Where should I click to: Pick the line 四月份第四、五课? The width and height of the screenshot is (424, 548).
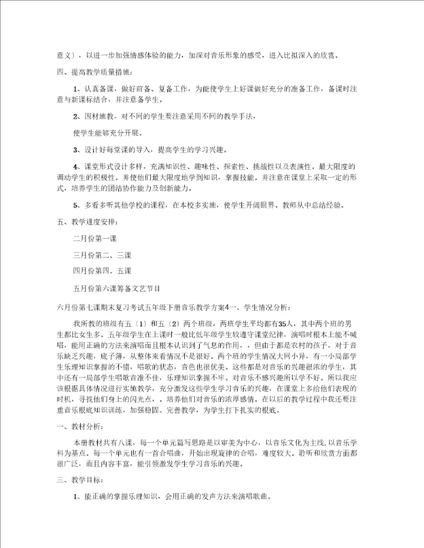pyautogui.click(x=102, y=272)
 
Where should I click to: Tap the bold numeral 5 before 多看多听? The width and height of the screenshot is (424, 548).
pyautogui.click(x=75, y=205)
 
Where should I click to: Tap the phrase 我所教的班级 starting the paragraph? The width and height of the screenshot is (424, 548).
pyautogui.click(x=95, y=323)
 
